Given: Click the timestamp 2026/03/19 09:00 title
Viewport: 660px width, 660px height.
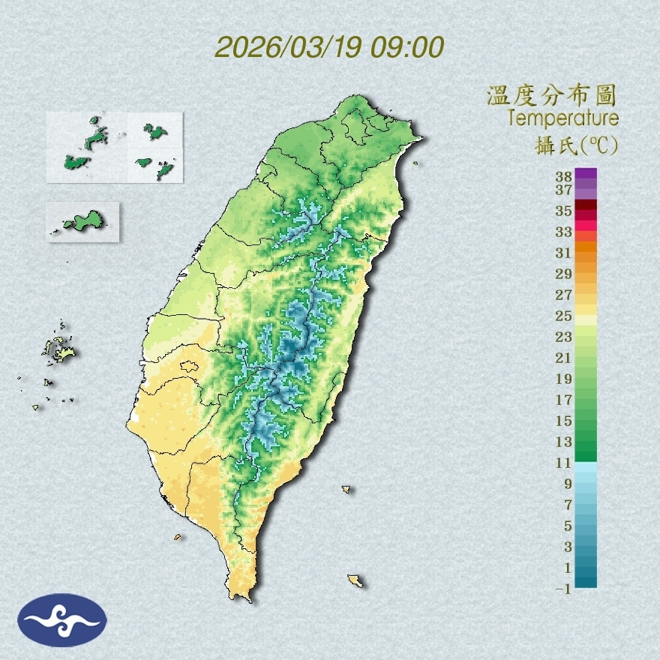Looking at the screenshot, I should click(329, 47).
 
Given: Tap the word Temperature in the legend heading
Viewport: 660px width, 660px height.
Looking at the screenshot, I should click(562, 118).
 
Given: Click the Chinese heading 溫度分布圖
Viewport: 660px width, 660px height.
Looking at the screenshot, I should click(551, 95).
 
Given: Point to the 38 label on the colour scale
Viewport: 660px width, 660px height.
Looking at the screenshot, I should click(564, 177).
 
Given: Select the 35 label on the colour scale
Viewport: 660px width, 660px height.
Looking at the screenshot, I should click(564, 211).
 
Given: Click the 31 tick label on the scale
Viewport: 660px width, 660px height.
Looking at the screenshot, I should click(564, 253).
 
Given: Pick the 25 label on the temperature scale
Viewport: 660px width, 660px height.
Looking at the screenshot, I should click(564, 316).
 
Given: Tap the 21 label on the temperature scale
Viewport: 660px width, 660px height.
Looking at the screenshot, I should click(564, 358).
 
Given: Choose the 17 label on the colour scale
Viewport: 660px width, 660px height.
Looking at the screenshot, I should click(564, 400).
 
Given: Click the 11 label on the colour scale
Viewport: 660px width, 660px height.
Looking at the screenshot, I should click(564, 463).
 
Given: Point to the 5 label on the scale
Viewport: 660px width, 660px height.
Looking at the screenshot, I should click(568, 526).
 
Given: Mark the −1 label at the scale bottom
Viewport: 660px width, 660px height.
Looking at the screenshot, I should click(564, 589).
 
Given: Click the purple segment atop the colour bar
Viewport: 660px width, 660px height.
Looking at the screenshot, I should click(586, 173).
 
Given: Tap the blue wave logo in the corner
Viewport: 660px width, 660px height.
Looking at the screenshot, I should click(62, 619).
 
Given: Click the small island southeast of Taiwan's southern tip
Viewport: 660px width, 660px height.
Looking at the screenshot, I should click(356, 580).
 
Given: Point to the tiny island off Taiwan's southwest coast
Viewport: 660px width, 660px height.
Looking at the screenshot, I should click(178, 537).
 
